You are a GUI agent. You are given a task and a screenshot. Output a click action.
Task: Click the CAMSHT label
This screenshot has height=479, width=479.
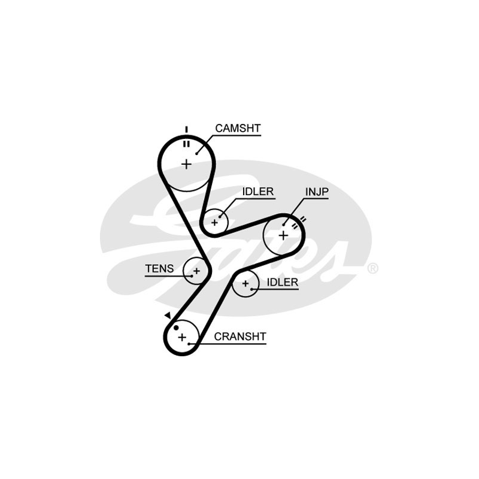[x=238, y=128]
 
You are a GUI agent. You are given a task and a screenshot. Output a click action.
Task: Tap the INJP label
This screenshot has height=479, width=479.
[x=317, y=192]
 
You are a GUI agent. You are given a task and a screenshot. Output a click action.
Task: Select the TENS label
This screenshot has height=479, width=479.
[x=159, y=269]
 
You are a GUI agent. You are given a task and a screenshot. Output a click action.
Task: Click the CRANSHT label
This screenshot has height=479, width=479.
[x=239, y=336]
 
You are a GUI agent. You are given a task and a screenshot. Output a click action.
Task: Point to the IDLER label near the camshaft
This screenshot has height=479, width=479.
[x=257, y=192]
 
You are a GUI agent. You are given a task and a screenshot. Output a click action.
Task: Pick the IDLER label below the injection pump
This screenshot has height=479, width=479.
[x=282, y=282]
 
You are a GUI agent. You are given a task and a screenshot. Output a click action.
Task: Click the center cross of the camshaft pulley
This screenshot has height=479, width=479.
[x=186, y=163]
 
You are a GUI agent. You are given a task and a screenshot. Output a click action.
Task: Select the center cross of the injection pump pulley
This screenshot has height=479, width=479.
[x=283, y=235]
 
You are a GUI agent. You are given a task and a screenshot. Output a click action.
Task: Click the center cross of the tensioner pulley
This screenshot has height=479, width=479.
[x=196, y=272]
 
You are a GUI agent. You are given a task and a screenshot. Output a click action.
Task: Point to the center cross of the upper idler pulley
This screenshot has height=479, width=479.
[x=215, y=222]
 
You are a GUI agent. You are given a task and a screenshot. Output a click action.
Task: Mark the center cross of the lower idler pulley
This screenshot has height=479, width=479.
[x=245, y=283]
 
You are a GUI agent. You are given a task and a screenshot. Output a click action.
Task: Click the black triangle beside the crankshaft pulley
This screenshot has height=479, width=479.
[x=168, y=315]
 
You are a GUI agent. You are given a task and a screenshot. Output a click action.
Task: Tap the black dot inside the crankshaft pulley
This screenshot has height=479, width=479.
[x=176, y=328]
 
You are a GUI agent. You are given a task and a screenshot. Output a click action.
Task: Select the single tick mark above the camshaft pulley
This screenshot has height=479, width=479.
[x=186, y=129]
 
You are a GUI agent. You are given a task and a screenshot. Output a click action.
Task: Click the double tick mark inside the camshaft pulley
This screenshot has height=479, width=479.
[x=186, y=144]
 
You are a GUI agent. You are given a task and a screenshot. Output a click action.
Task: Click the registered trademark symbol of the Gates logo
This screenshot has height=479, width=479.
[x=372, y=268]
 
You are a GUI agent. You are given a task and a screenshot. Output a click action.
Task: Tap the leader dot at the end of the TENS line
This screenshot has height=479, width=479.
[x=192, y=276]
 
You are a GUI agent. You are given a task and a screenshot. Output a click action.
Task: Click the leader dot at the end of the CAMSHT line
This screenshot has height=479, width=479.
[x=196, y=153]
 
